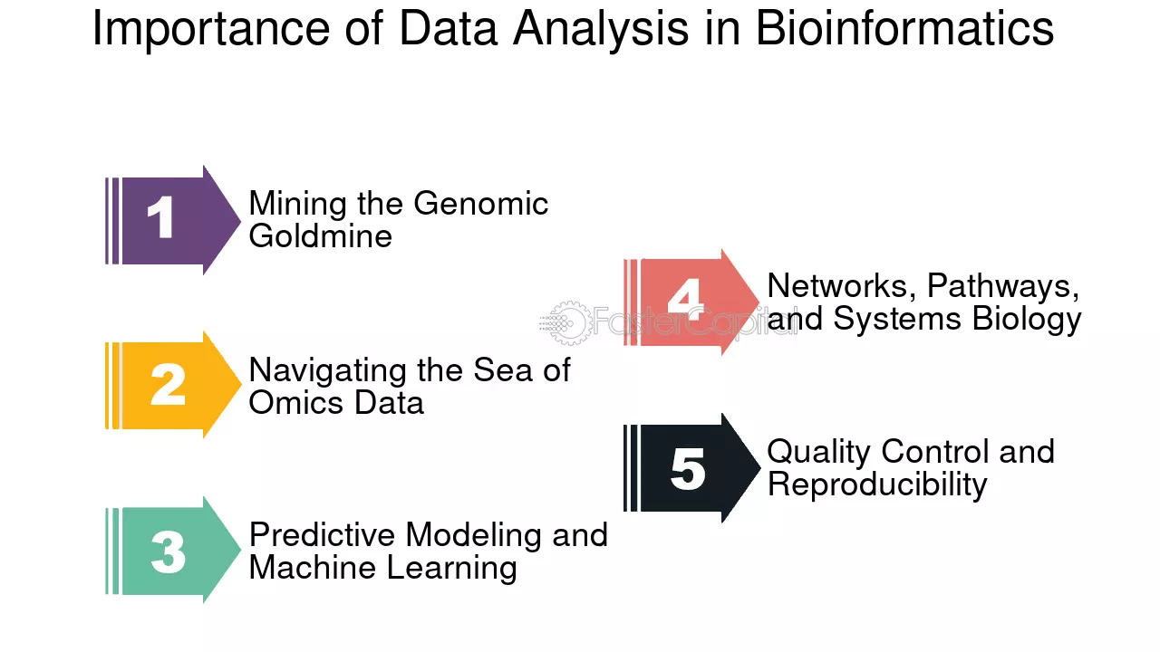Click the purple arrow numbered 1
[172, 220]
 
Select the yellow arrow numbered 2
[172, 385]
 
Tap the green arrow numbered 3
[172, 551]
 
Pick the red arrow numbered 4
[691, 302]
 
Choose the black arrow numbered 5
[691, 468]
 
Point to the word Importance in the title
[211, 30]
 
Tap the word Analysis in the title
[601, 31]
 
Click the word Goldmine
[320, 236]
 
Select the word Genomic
[480, 204]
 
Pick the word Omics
[295, 403]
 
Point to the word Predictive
[322, 534]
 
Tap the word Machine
[314, 567]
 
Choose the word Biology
[1027, 320]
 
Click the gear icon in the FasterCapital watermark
[570, 323]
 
